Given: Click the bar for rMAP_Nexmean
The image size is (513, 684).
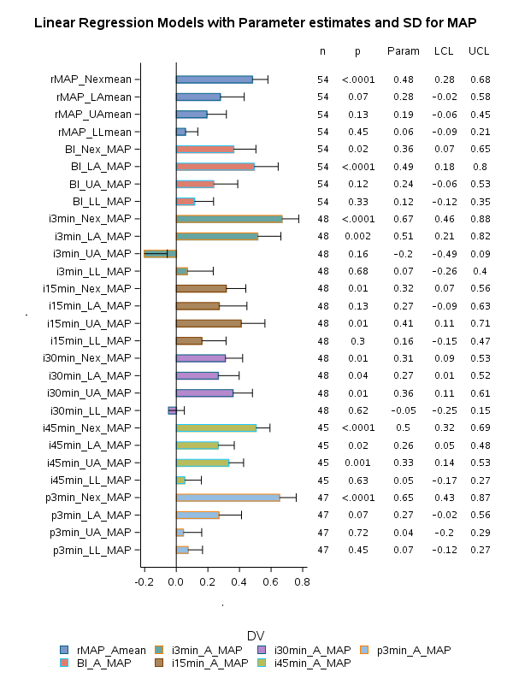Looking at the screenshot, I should coord(214,80).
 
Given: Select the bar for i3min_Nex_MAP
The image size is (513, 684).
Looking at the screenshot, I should coord(229,219).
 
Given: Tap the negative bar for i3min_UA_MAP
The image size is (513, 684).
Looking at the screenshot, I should coord(160,254).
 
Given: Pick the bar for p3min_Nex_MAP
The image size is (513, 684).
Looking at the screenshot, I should coord(227,498).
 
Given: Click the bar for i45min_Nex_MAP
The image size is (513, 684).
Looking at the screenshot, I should coord(216,427).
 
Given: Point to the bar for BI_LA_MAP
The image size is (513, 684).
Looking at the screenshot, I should coord(215,167).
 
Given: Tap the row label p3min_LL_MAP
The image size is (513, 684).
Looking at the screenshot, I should coord(92,550).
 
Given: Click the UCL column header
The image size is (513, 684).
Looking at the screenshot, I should coord(479,51).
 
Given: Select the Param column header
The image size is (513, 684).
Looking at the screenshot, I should coord(404,51).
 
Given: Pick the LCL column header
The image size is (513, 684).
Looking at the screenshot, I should coord(444,51).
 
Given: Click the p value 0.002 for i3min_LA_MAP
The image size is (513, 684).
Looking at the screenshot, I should coord(357,236).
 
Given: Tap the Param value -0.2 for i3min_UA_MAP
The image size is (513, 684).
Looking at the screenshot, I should coord(404,254).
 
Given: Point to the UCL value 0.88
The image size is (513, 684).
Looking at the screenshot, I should coord(479,219).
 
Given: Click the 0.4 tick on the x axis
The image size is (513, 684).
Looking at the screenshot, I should coord(239,582).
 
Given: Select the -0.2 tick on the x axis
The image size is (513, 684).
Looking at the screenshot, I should coord(144,582).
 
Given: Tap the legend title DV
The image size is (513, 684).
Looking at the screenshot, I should coord(255,635).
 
